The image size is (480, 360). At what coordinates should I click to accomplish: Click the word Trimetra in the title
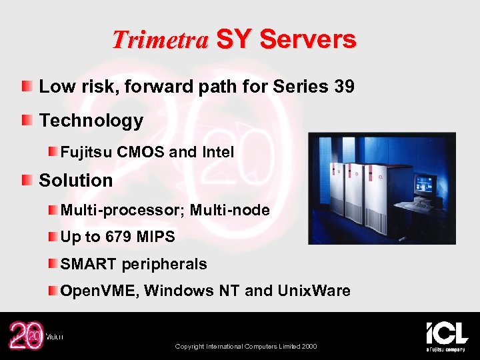(x=160, y=40)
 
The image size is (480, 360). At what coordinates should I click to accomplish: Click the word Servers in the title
(x=308, y=40)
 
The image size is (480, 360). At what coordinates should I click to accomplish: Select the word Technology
(x=91, y=121)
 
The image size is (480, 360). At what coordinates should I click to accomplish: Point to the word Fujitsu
(x=87, y=152)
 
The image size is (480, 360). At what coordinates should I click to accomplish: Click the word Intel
(x=217, y=152)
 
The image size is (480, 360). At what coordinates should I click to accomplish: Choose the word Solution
(x=76, y=180)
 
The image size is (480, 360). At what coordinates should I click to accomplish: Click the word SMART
(x=89, y=264)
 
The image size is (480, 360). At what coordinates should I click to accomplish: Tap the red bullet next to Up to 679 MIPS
(x=51, y=237)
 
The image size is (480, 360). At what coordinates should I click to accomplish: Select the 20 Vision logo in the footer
(x=30, y=335)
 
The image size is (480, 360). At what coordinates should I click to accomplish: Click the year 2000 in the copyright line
(x=309, y=347)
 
